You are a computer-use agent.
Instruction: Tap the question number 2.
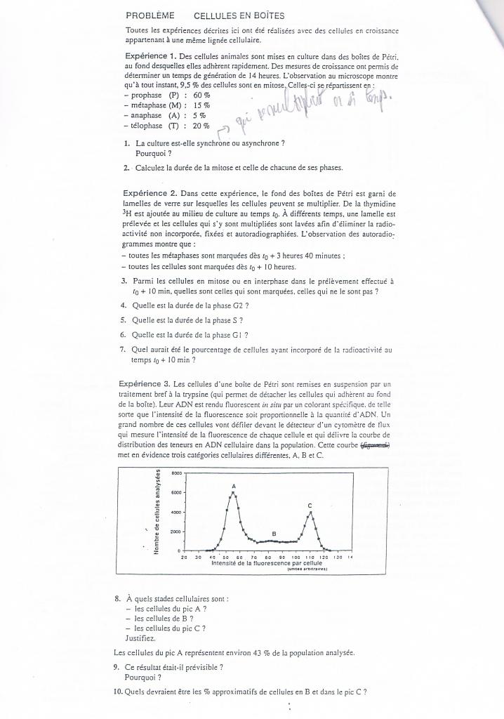click(126, 168)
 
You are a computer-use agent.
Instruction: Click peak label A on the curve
click(233, 486)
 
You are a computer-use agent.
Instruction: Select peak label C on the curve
click(310, 506)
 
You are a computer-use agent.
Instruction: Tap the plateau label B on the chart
click(274, 534)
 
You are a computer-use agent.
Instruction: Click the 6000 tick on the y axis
click(175, 493)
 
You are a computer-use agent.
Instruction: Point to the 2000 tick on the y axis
click(175, 532)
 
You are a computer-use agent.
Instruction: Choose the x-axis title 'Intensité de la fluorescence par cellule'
click(256, 564)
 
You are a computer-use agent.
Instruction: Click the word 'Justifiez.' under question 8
click(141, 638)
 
